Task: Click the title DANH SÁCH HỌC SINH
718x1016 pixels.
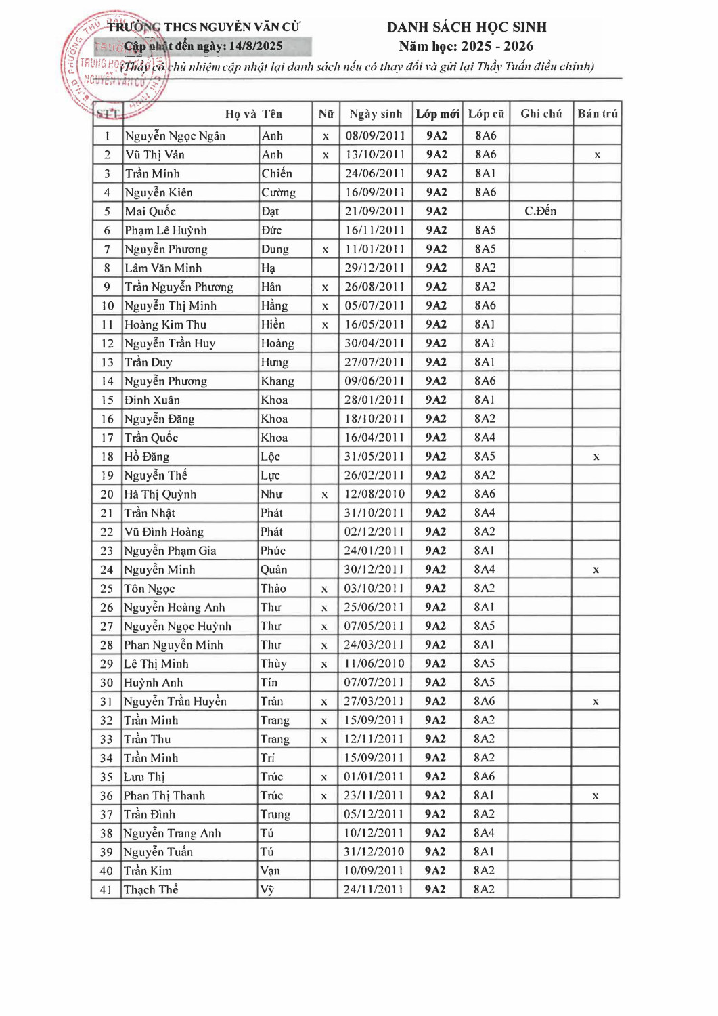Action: tap(466, 27)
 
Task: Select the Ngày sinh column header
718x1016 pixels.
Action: tap(376, 114)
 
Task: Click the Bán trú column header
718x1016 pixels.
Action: tap(597, 114)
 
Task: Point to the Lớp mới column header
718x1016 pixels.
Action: tap(437, 114)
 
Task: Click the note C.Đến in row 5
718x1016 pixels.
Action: tap(540, 211)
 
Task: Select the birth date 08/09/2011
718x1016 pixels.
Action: tap(375, 136)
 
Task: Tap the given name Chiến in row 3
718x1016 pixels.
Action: tap(277, 174)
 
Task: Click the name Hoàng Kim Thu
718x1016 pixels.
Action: tap(166, 325)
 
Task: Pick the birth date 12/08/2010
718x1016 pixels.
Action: tap(374, 494)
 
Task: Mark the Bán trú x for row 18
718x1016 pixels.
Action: tap(596, 457)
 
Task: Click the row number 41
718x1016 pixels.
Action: tap(106, 890)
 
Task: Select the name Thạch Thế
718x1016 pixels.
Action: tap(151, 890)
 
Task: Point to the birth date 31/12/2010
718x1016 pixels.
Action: tap(374, 852)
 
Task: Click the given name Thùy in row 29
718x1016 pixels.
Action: tap(273, 664)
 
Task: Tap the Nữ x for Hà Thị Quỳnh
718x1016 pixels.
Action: tap(325, 495)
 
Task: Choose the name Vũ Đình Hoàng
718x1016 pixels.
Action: tap(164, 532)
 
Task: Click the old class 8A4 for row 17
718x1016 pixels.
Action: tap(485, 438)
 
